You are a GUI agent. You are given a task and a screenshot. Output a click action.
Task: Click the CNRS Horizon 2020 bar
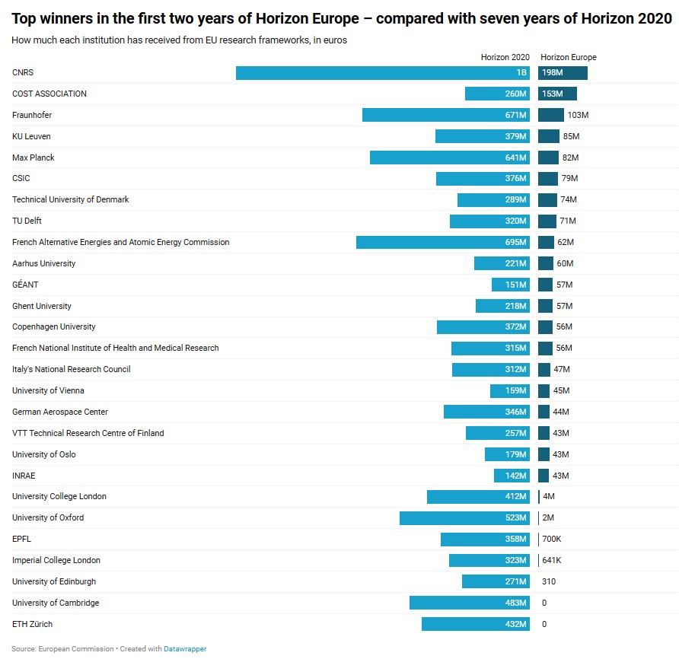point(382,73)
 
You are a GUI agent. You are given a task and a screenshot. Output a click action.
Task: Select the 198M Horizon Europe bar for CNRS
point(563,73)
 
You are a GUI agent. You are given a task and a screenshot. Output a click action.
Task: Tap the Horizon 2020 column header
point(505,58)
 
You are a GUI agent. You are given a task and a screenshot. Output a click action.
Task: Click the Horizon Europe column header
point(568,58)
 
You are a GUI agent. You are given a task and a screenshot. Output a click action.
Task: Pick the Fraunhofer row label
point(32,115)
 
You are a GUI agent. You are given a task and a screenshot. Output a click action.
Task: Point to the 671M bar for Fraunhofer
point(445,115)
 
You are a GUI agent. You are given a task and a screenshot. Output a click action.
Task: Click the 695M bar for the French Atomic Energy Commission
point(442,242)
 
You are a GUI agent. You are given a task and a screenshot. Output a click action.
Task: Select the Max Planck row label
point(33,158)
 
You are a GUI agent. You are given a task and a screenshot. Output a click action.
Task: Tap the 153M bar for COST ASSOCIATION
point(557,94)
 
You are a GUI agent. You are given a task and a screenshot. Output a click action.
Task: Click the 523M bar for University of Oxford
point(464,518)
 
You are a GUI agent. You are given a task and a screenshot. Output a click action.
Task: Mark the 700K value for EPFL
point(551,539)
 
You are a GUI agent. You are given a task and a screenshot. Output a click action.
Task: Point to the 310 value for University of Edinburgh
point(549,581)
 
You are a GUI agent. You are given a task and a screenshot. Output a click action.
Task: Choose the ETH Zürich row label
point(32,624)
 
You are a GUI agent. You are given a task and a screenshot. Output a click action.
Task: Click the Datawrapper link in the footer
point(185,649)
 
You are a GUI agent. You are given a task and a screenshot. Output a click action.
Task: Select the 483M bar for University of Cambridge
point(469,603)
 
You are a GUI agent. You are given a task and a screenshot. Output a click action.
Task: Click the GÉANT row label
point(25,285)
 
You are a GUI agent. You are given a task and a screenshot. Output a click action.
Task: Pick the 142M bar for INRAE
point(512,476)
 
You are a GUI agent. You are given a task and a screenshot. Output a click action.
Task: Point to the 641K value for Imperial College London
point(551,560)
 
